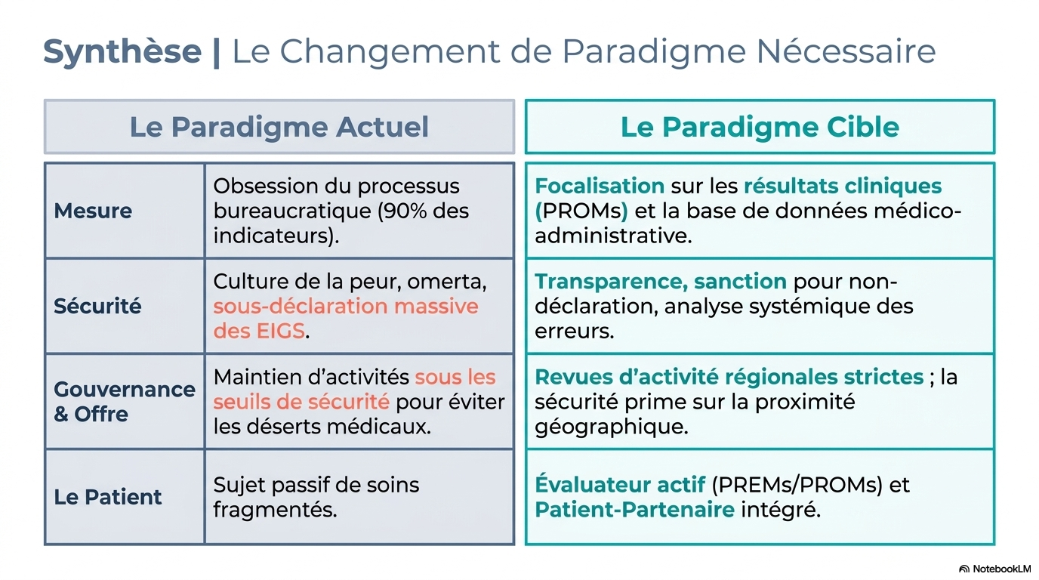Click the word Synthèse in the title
click(122, 51)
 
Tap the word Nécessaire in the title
click(846, 51)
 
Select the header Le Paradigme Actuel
click(279, 127)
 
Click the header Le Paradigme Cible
click(760, 127)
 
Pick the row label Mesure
click(93, 211)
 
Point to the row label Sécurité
click(97, 306)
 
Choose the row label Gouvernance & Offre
click(125, 401)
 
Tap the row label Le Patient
click(108, 497)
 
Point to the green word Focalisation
click(600, 186)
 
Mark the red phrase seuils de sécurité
click(301, 402)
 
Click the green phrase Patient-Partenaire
click(634, 510)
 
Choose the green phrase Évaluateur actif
click(620, 484)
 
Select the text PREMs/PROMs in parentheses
click(797, 485)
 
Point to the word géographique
click(612, 427)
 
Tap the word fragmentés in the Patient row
click(275, 510)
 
